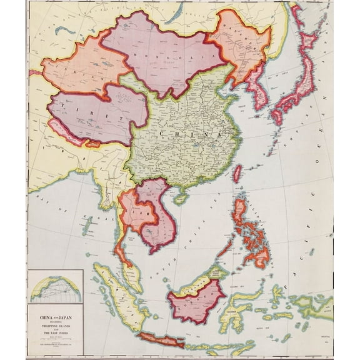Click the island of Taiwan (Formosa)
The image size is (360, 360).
pyautogui.click(x=237, y=173)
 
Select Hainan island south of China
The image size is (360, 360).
pyautogui.click(x=181, y=198)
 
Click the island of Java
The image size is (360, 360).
pyautogui.click(x=161, y=340)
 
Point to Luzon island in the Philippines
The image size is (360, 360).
pyautogui.click(x=240, y=212)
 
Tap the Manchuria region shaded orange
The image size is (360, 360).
pyautogui.click(x=241, y=47)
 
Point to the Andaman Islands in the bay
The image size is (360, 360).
pyautogui.click(x=87, y=225)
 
